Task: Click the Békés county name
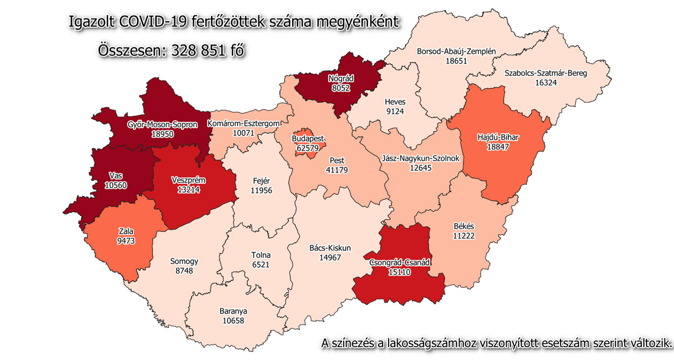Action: point(464,226)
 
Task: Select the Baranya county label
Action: point(234,311)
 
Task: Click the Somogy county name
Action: point(184,261)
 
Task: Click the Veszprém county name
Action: point(188,180)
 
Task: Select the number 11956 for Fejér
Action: point(261,191)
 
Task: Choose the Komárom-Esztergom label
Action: point(243,124)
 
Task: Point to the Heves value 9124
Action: point(395,112)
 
